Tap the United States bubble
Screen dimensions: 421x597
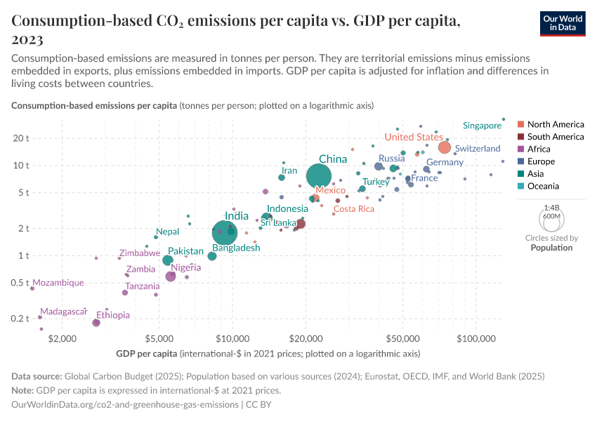(x=445, y=147)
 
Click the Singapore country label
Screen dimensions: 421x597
(x=482, y=126)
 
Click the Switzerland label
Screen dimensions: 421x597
(x=478, y=149)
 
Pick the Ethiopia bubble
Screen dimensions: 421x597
(x=96, y=323)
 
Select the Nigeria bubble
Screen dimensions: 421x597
(x=171, y=276)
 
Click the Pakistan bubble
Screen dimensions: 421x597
(x=168, y=260)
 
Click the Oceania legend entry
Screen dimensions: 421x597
(x=543, y=186)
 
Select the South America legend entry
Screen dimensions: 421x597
(x=555, y=137)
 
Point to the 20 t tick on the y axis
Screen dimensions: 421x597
(x=20, y=138)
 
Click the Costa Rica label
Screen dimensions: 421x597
(x=353, y=209)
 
